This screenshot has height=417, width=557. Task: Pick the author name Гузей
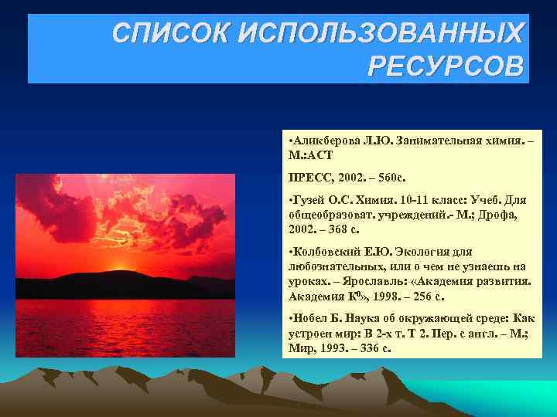click(x=308, y=200)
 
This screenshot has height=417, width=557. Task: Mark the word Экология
click(x=425, y=252)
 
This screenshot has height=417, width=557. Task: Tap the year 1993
click(x=330, y=348)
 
